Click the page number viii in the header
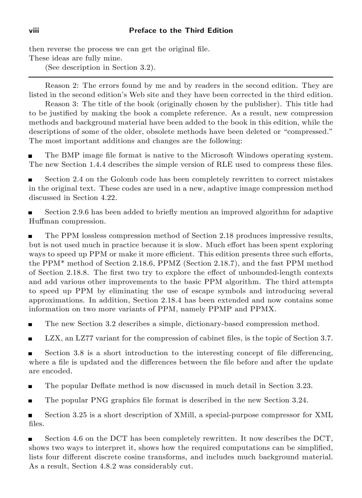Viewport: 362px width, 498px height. click(x=34, y=31)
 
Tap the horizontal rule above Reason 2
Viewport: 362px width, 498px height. click(x=181, y=77)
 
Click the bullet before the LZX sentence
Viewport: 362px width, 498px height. click(x=30, y=338)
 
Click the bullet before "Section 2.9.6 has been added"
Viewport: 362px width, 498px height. click(x=30, y=212)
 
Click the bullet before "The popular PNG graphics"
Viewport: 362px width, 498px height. click(x=30, y=400)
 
